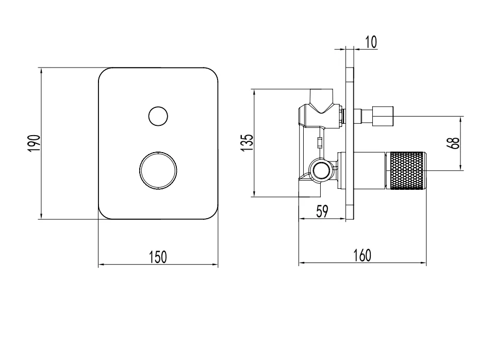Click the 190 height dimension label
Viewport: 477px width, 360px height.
pyautogui.click(x=34, y=143)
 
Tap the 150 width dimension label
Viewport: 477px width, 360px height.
pyautogui.click(x=157, y=256)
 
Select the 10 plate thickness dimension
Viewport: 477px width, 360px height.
pyautogui.click(x=370, y=42)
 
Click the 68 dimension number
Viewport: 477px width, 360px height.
pyautogui.click(x=454, y=143)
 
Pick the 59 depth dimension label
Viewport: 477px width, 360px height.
pyautogui.click(x=322, y=211)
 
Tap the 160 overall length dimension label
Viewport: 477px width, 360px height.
pyautogui.click(x=363, y=256)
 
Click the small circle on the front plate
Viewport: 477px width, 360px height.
pyautogui.click(x=158, y=116)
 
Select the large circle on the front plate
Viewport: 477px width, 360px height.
pyautogui.click(x=158, y=171)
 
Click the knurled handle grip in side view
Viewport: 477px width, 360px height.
pyautogui.click(x=407, y=170)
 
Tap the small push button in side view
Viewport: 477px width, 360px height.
pyautogui.click(x=383, y=115)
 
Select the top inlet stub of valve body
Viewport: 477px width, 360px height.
pyautogui.click(x=321, y=95)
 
